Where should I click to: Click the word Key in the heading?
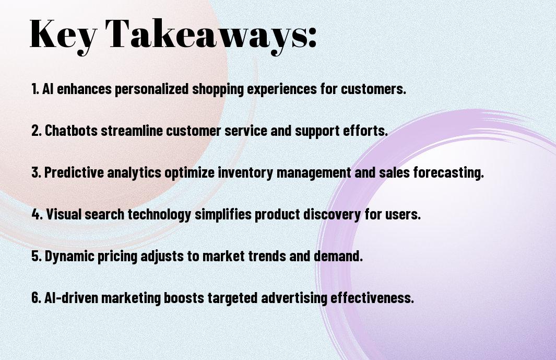click(63, 35)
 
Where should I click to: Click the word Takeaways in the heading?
click(206, 35)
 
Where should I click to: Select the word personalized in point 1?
click(151, 89)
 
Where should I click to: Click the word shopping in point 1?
click(218, 89)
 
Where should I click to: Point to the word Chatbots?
click(71, 130)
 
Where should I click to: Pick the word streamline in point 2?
click(132, 130)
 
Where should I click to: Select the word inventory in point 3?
click(245, 172)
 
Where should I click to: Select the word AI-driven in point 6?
click(72, 297)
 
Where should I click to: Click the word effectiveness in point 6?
click(372, 297)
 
